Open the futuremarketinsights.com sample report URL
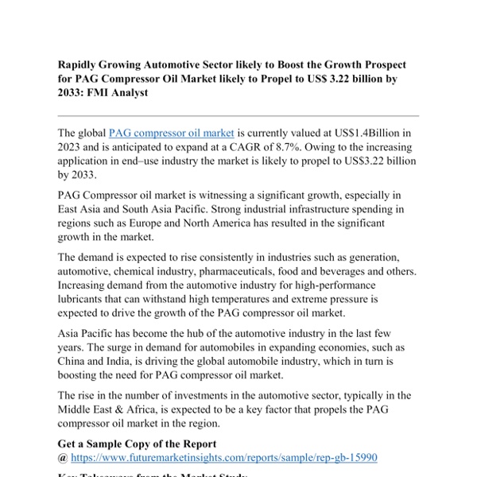tap(223, 458)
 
